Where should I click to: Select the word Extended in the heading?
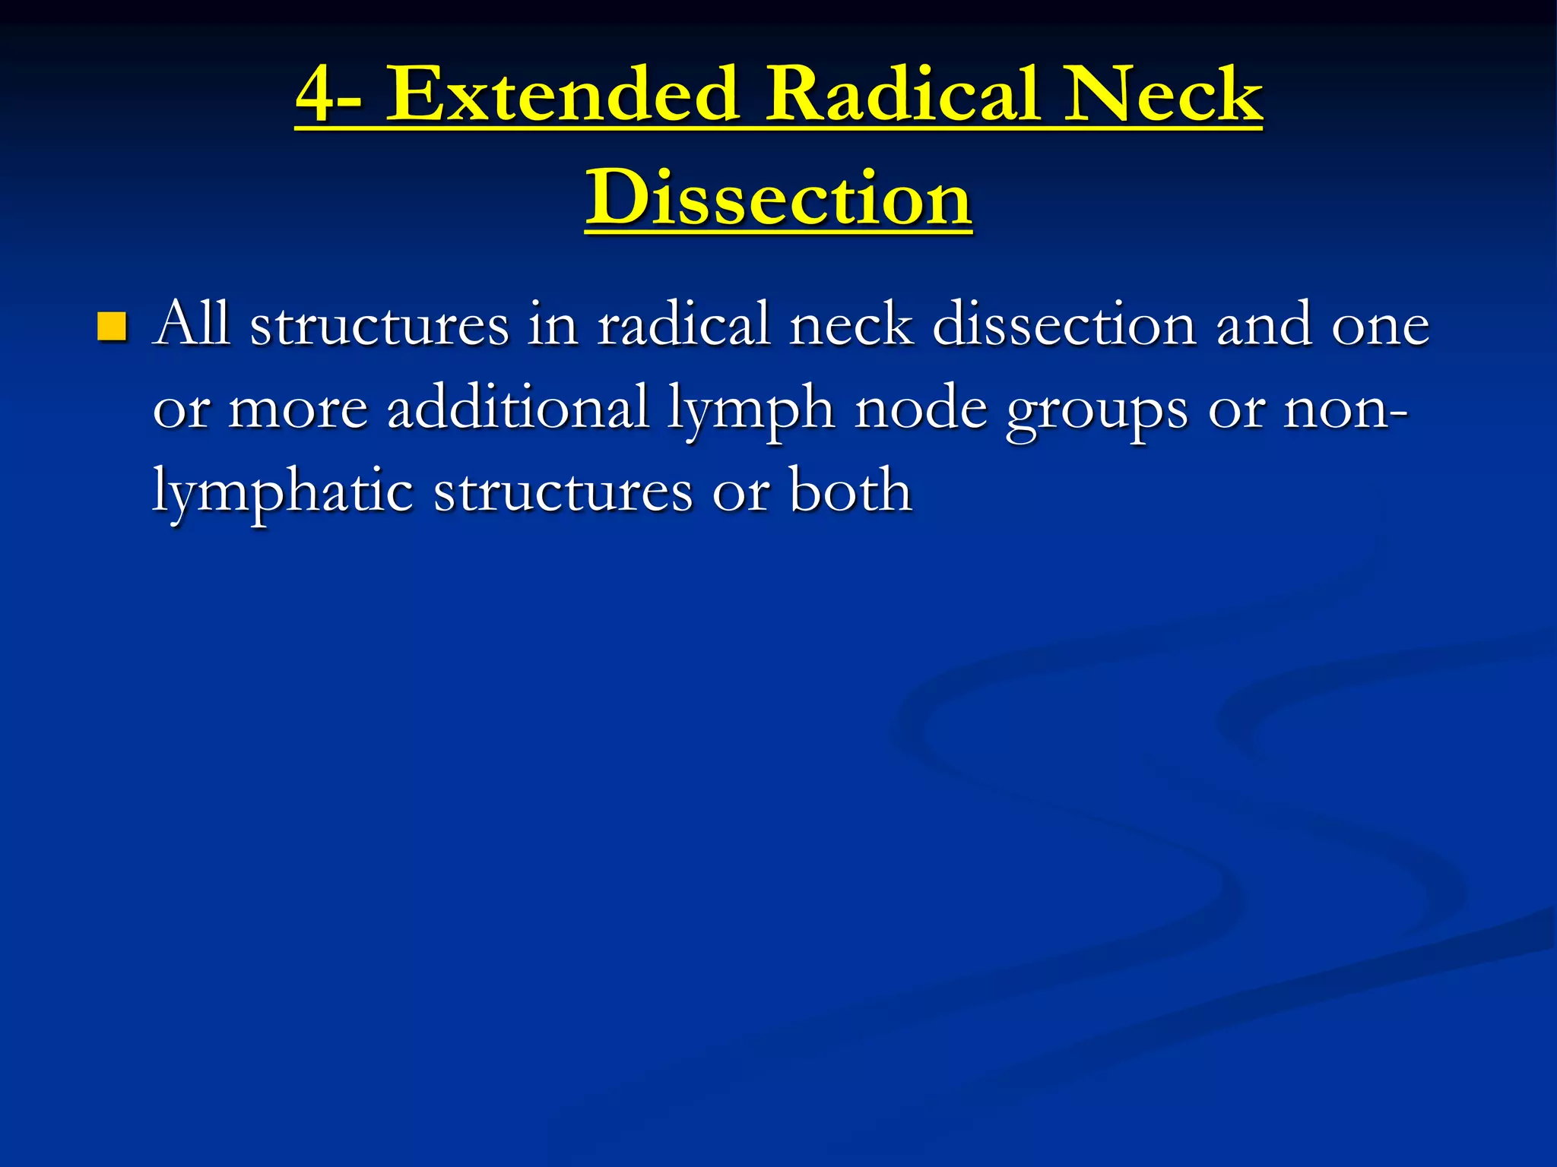(563, 95)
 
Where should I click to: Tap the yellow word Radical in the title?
(901, 95)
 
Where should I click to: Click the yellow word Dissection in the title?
(778, 198)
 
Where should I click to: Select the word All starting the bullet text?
(191, 324)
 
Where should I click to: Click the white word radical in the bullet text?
(683, 324)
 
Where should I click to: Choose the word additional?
(518, 408)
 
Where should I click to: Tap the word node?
(921, 408)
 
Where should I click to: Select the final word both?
(851, 491)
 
